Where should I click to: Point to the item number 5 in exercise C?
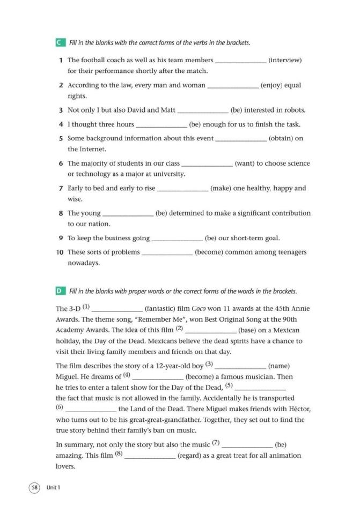(61, 138)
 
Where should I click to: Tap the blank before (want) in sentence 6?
(208, 164)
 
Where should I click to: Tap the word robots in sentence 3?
(294, 110)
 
